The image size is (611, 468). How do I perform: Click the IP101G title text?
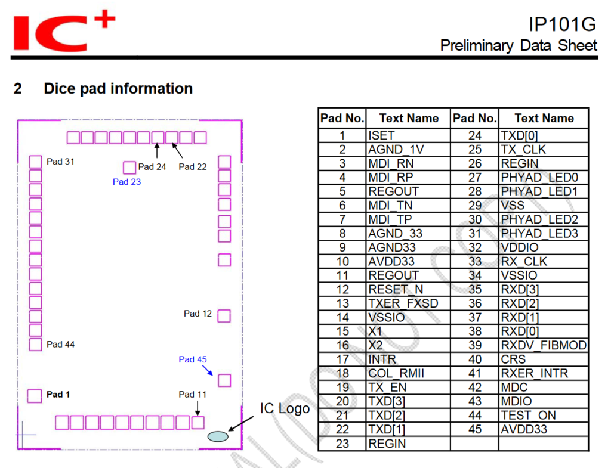point(562,24)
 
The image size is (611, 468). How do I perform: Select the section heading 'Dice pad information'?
point(118,88)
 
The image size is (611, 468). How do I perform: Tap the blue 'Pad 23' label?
point(126,182)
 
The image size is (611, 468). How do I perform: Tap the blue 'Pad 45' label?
point(193,359)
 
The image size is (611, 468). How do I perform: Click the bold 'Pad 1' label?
point(58,395)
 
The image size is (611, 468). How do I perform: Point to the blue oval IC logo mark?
point(218,436)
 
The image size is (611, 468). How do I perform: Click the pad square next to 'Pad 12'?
point(224,316)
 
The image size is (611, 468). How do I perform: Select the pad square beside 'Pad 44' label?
point(35,345)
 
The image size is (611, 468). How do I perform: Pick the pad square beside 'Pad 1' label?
point(34,396)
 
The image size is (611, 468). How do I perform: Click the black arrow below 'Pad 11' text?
point(198,408)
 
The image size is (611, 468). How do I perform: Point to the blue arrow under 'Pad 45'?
point(207,370)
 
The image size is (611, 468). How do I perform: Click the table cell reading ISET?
point(408,135)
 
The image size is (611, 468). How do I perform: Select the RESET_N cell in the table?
point(408,289)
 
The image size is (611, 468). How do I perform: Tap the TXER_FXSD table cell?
point(408,303)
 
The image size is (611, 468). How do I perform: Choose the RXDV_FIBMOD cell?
point(543,345)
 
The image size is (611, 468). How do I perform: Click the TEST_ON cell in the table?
point(543,416)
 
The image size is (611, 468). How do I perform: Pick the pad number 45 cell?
point(474,429)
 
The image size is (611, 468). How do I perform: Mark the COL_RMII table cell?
point(408,373)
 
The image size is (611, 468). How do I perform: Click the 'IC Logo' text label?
point(285,408)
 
